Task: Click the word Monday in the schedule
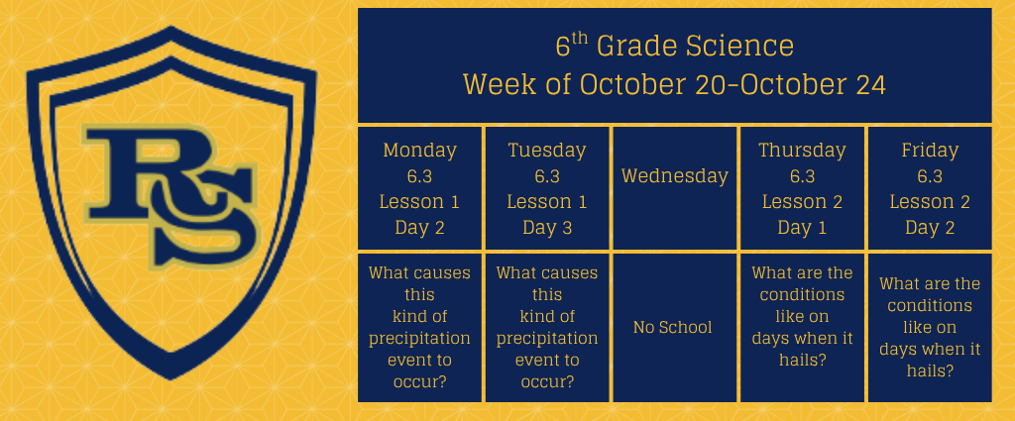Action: (x=419, y=150)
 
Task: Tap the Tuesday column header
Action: (x=547, y=150)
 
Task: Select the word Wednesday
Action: (x=674, y=176)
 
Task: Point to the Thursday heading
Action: (x=802, y=150)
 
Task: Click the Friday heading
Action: (x=930, y=150)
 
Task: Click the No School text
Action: (x=673, y=327)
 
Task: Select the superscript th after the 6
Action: (x=580, y=39)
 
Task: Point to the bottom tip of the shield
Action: (x=171, y=379)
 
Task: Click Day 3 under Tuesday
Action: (x=547, y=228)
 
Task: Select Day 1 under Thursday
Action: (x=802, y=228)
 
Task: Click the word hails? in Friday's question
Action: (x=930, y=371)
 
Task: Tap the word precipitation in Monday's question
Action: (x=419, y=338)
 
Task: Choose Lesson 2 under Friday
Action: (x=930, y=202)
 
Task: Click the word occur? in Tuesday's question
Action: (x=547, y=381)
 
